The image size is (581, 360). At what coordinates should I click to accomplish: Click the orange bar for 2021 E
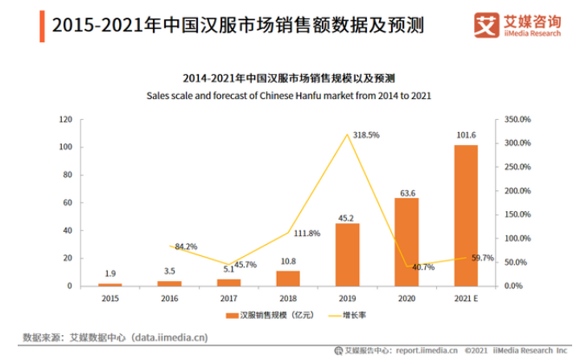pos(465,215)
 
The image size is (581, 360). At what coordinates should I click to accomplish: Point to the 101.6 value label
pos(465,137)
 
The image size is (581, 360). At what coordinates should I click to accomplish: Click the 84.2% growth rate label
pos(186,246)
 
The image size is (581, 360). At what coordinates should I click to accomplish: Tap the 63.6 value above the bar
pos(406,192)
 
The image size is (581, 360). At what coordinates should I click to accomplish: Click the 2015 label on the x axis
pos(110,298)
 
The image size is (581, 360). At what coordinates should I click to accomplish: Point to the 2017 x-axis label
pos(229,298)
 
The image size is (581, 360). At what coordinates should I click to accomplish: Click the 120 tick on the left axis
pos(66,119)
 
